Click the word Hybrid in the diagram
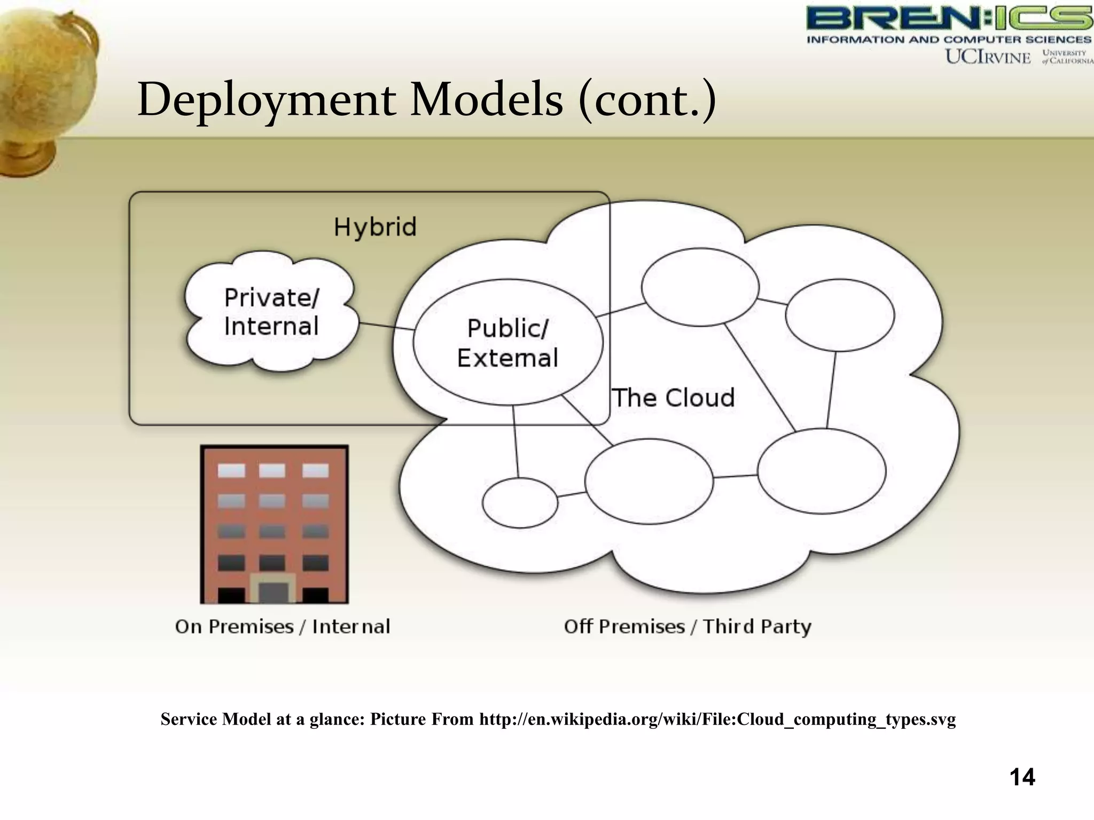[375, 227]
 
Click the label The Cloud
[673, 398]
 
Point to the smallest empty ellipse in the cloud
[520, 503]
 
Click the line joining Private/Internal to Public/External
[386, 326]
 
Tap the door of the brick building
[273, 592]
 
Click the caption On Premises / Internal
[283, 626]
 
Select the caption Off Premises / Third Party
[687, 626]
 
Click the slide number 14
[1022, 777]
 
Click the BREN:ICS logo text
[949, 19]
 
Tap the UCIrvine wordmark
[988, 57]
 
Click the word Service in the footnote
[189, 720]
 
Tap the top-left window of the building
[231, 470]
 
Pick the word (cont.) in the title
[647, 100]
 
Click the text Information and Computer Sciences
[949, 40]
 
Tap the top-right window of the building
[315, 470]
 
